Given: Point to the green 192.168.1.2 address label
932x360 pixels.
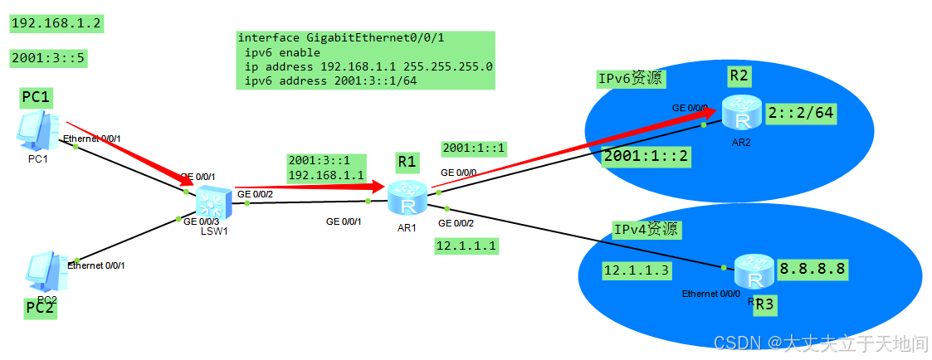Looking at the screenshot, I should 56,23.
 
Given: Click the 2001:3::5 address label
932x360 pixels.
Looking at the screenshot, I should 49,58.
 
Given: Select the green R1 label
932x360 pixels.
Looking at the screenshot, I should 407,162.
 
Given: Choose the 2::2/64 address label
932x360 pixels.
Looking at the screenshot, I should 800,113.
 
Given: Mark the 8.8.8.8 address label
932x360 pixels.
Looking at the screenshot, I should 812,269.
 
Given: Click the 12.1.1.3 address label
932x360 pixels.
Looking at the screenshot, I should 637,270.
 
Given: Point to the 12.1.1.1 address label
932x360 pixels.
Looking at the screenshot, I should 466,246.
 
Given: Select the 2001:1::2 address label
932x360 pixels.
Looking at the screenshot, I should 646,156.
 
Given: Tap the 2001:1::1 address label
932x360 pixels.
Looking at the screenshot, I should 474,148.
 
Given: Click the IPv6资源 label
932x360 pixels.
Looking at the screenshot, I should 631,79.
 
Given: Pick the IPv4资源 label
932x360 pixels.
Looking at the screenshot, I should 646,230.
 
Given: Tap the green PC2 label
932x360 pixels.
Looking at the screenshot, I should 41,308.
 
